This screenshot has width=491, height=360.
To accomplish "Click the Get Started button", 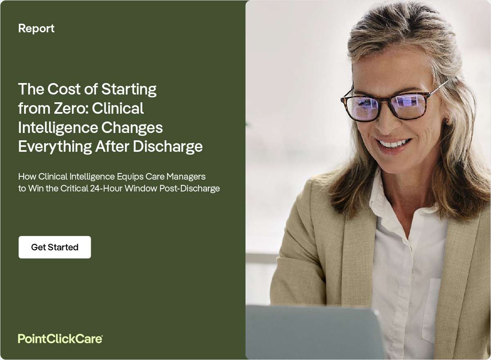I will tap(55, 247).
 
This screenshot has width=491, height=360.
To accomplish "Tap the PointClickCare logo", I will tap(60, 338).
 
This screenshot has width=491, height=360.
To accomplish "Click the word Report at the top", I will tap(36, 28).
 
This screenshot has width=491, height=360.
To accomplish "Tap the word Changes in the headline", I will tap(132, 128).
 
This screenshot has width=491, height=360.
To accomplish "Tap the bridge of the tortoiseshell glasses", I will tap(383, 99).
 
